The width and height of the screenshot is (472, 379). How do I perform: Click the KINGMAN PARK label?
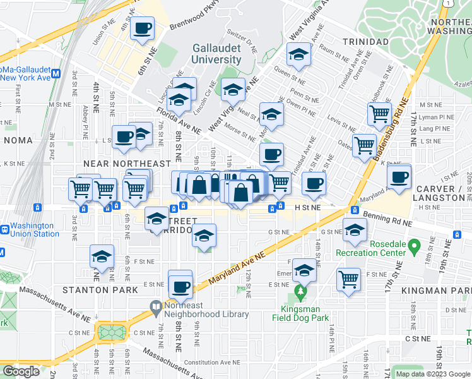pos(436,290)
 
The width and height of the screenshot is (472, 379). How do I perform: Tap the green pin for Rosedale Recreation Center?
pos(414,244)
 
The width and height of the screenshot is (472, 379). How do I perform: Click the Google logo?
pos(21,371)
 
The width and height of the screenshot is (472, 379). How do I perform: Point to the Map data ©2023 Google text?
pos(432,374)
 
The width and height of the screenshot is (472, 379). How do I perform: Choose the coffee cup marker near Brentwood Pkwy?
pos(142,28)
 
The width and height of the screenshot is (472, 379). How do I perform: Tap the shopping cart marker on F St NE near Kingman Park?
pos(348,279)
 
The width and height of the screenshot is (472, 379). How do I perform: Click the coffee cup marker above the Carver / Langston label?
pos(399,176)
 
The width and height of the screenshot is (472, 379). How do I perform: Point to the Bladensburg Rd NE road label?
pos(392,135)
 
